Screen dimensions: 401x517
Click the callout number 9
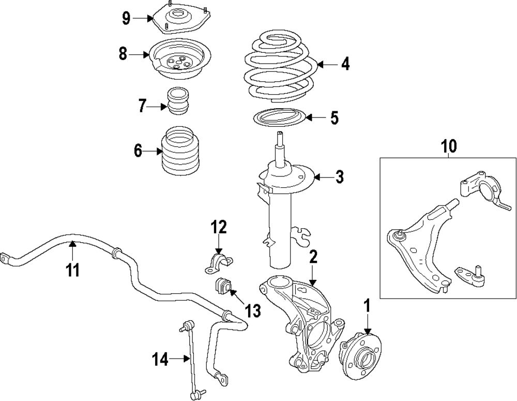[x=126, y=18]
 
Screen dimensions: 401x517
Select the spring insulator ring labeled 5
[x=279, y=118]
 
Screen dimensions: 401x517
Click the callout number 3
[x=339, y=177]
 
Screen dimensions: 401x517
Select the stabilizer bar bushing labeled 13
[x=221, y=286]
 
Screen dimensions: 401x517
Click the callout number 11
[x=72, y=270]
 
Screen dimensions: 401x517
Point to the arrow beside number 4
[x=324, y=65]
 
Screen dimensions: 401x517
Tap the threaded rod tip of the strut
[x=279, y=137]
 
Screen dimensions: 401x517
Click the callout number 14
[x=160, y=359]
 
